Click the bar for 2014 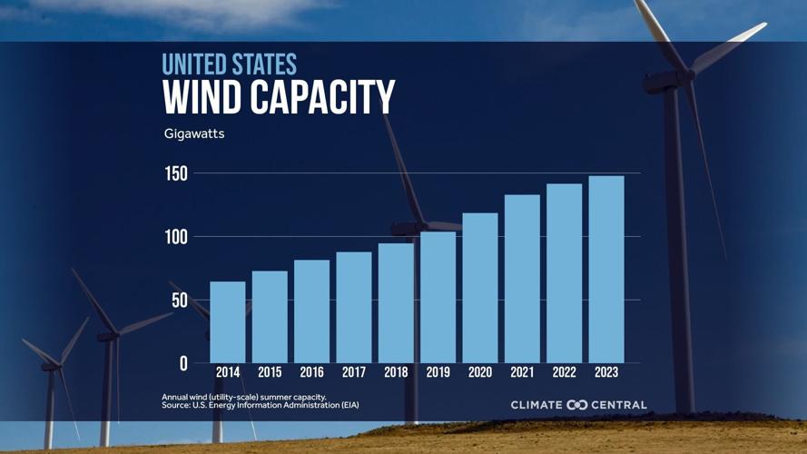pos(227,322)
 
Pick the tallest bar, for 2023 pos(605,270)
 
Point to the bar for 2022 pos(564,273)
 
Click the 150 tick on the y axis pos(176,173)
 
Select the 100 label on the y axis pos(176,237)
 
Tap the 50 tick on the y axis pos(180,301)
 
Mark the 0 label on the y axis pos(183,363)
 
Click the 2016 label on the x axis pos(311,372)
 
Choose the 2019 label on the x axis pos(438,372)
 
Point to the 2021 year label pos(522,372)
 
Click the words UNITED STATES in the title pos(229,64)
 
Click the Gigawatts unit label pos(194,134)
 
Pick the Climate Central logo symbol pos(577,405)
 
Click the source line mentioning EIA pos(260,405)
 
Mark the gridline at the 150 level pos(418,173)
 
